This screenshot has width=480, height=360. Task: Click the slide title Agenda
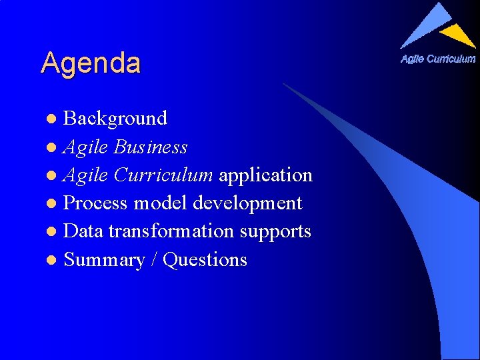click(91, 63)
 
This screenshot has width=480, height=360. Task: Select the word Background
click(115, 119)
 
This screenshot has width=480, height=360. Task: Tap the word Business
click(151, 147)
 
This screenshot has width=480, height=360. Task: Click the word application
click(265, 175)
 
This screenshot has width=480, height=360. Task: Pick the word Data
click(83, 231)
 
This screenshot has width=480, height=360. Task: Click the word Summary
click(104, 260)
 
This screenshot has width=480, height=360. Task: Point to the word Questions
click(205, 260)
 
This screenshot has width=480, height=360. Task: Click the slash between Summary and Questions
click(154, 260)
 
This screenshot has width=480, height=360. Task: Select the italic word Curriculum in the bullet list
click(163, 175)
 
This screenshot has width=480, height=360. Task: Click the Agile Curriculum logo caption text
click(438, 59)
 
